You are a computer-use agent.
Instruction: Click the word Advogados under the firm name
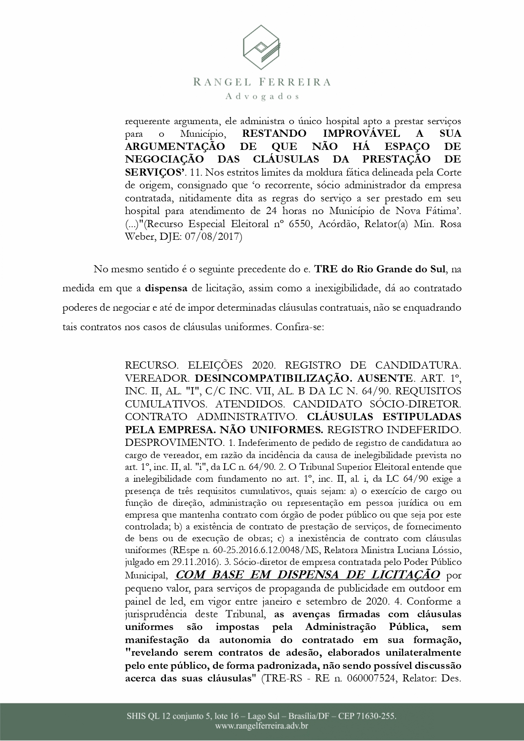pos(262,97)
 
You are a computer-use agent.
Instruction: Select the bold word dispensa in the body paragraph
pos(166,289)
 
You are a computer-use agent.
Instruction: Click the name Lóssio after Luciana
pos(443,538)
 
